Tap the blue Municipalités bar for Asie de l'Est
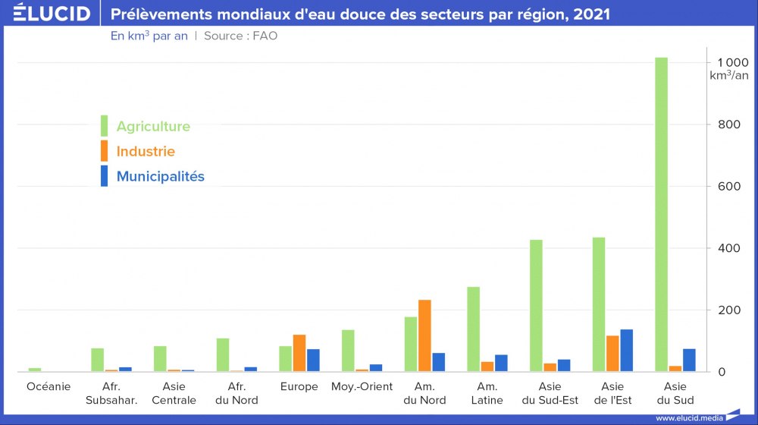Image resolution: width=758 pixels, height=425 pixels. tap(626, 351)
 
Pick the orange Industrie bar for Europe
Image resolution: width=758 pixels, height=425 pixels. tap(299, 353)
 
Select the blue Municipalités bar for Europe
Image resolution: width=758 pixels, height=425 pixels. tap(313, 360)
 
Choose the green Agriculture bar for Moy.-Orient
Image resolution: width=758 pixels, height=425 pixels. tap(348, 351)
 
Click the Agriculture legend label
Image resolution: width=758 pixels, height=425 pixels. tap(153, 127)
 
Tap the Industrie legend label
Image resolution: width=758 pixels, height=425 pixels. tap(146, 152)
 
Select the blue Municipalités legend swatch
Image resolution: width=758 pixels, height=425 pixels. tap(105, 176)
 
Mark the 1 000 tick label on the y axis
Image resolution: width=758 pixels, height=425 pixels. tap(723, 62)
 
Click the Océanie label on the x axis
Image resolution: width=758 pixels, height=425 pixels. tap(49, 387)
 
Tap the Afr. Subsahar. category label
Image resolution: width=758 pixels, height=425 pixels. tap(111, 393)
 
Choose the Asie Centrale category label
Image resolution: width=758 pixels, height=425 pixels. tap(174, 393)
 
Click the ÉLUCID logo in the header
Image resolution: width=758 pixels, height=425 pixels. tap(52, 14)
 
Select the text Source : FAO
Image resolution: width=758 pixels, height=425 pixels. tap(240, 36)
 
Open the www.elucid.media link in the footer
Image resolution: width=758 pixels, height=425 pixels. tap(688, 418)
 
